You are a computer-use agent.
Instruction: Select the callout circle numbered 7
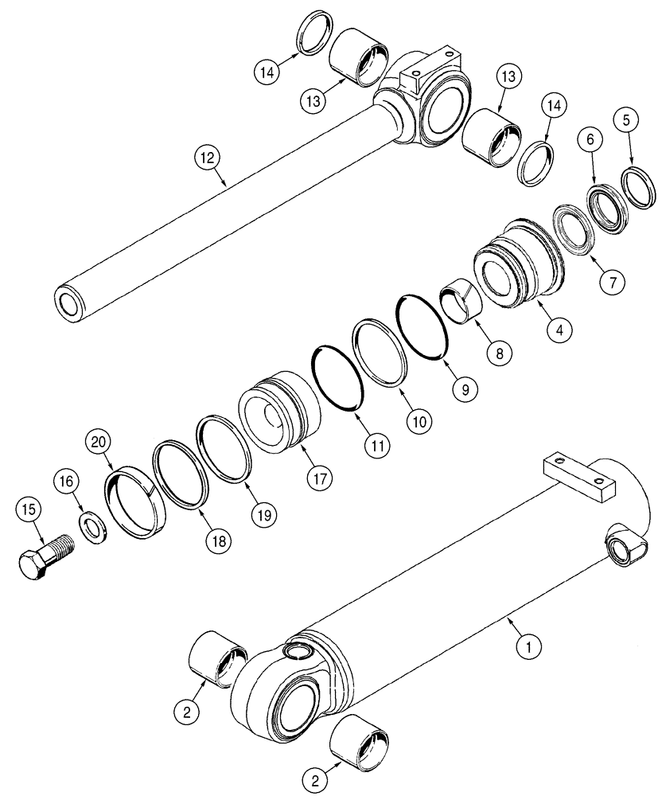coord(613,280)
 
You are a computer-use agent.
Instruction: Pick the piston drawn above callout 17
coord(280,410)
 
